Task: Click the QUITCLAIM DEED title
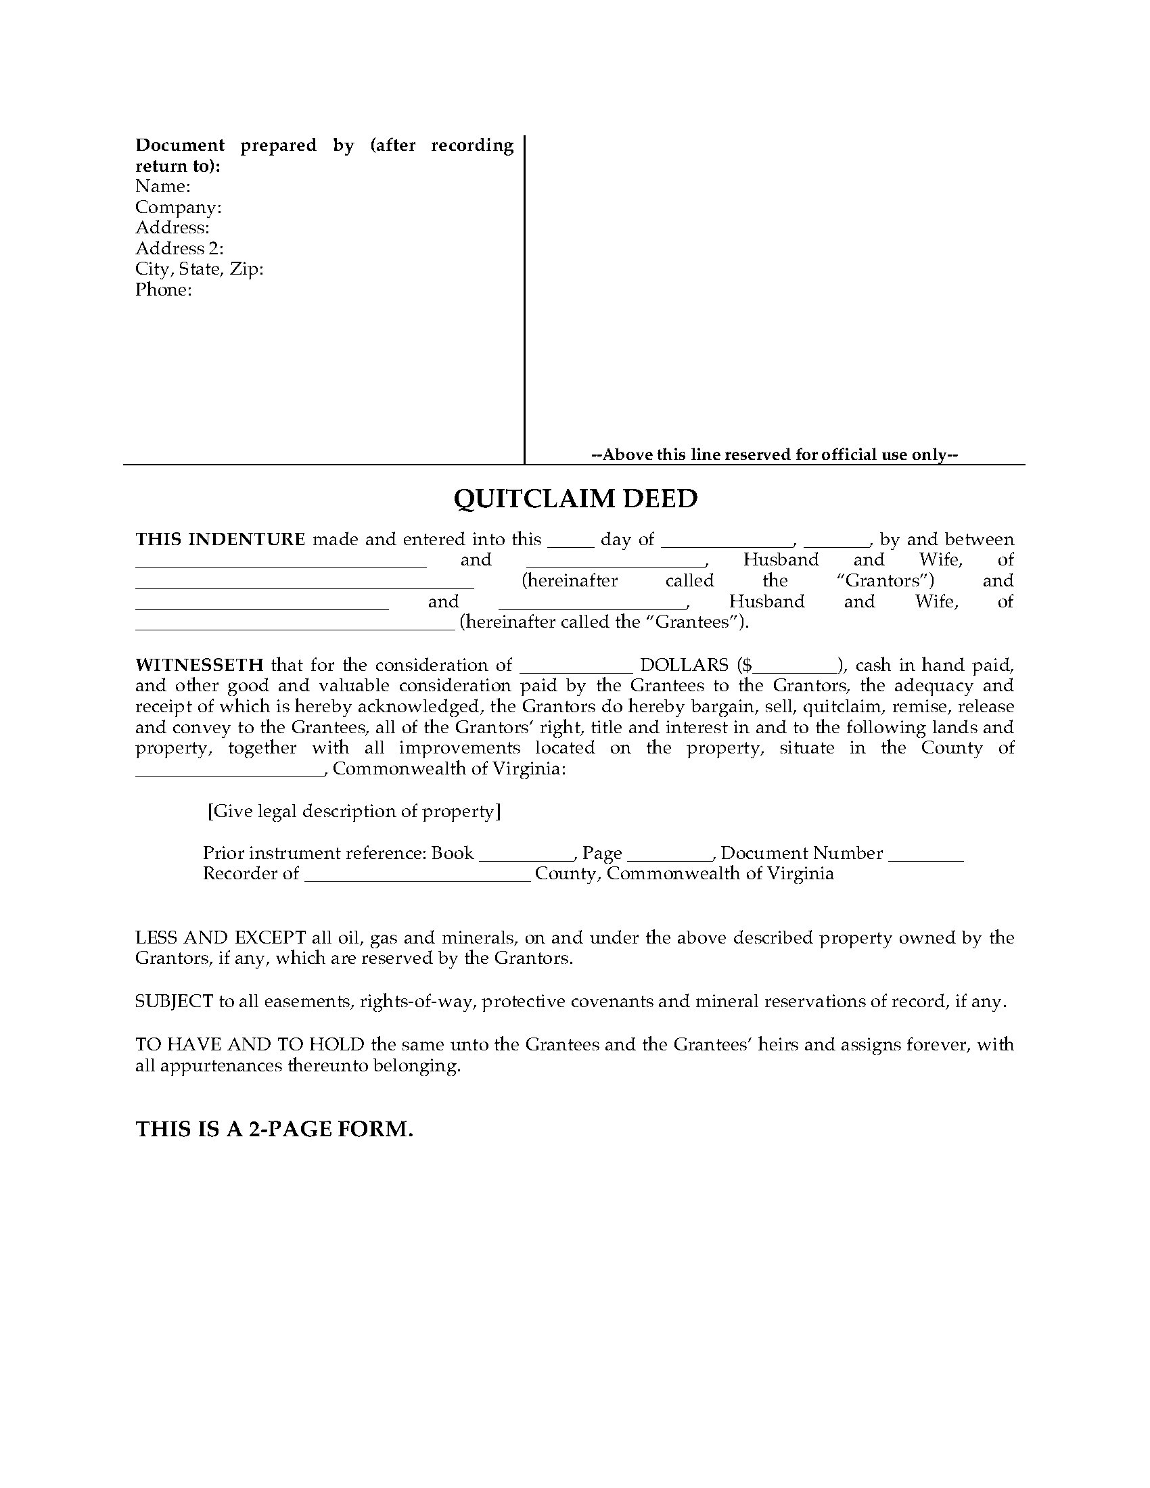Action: coord(576,498)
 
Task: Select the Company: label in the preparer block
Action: coord(178,207)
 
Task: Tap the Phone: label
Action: coord(164,289)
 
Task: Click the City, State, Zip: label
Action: coord(199,269)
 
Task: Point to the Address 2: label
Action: coord(179,248)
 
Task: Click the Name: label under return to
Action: coord(163,186)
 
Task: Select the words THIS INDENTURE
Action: coord(220,540)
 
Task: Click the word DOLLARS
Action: coord(684,665)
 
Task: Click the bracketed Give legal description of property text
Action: coord(354,812)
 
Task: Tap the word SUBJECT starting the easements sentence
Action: coord(174,1002)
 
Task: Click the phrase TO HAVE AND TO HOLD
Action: coord(250,1044)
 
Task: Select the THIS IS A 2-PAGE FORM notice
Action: coord(275,1129)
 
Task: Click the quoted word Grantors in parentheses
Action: coord(885,581)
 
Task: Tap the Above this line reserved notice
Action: coord(775,455)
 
